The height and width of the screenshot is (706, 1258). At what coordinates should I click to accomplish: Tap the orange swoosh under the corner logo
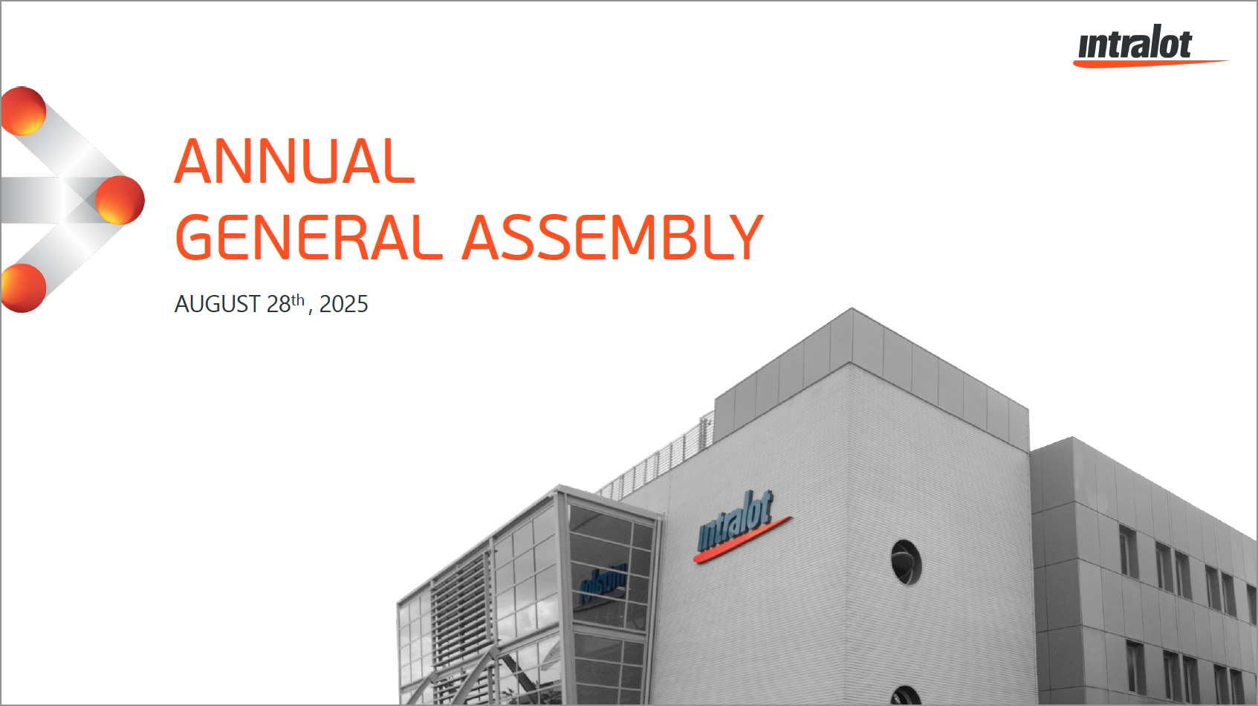[1150, 63]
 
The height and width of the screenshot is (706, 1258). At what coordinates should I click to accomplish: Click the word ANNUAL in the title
[295, 161]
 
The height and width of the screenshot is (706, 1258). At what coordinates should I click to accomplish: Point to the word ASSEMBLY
[613, 237]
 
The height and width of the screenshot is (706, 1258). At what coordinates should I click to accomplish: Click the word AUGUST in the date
[217, 305]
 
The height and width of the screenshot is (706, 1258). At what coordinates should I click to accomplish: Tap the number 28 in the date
[279, 305]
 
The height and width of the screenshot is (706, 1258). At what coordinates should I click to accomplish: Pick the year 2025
[344, 305]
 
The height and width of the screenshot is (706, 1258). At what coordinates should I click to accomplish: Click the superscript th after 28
[298, 300]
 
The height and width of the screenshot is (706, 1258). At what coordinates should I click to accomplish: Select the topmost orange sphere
[23, 111]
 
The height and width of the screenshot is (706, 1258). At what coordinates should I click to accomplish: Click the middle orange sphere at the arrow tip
[120, 200]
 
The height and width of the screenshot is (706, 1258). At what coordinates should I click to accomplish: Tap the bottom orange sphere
[23, 288]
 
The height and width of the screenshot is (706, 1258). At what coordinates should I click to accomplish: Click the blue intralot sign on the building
[735, 521]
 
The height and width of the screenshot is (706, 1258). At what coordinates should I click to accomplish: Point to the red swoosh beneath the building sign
[742, 540]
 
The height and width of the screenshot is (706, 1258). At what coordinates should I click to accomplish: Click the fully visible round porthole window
[906, 563]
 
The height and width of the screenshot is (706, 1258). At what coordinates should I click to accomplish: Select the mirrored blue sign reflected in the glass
[603, 583]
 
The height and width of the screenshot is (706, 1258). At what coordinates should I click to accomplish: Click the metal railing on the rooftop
[655, 458]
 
